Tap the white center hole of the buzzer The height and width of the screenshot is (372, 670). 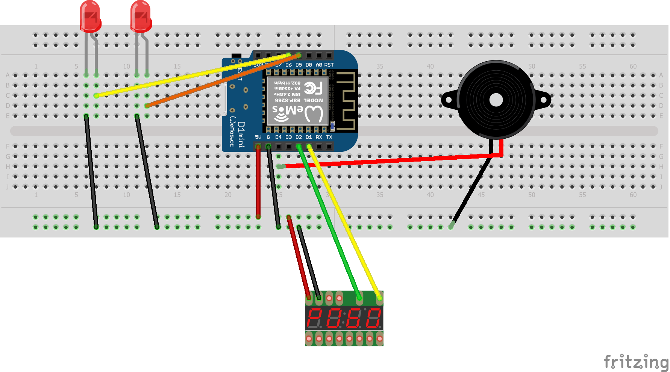496,100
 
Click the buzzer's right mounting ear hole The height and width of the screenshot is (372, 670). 544,100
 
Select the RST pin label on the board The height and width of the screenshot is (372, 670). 329,65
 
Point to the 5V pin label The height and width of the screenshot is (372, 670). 258,137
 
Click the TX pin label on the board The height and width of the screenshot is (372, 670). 329,137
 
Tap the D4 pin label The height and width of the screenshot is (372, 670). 278,137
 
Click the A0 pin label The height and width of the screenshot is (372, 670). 319,65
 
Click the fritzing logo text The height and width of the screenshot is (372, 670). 635,361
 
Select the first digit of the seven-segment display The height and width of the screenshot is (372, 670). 314,318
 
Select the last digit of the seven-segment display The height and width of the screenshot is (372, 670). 374,318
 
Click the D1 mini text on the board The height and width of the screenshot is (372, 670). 241,134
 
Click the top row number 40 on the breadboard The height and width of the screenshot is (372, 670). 430,67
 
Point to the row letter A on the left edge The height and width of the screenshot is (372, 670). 8,75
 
